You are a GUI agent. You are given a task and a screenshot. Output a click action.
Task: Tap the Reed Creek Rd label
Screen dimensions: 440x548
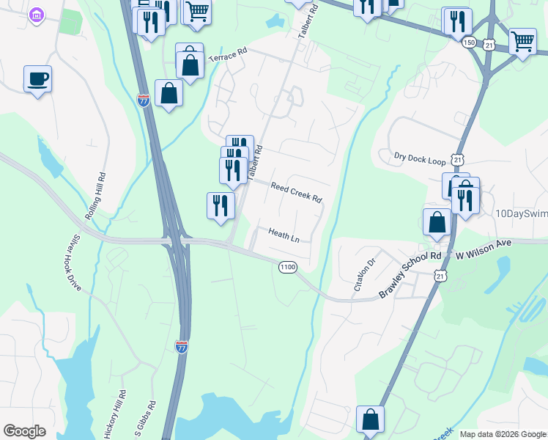tap(296, 192)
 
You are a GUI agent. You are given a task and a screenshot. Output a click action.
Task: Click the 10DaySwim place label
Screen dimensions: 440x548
tap(521, 213)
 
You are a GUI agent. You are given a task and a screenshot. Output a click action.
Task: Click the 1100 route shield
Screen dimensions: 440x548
tap(287, 267)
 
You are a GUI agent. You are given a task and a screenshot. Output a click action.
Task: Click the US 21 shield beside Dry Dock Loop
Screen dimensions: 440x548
tap(458, 159)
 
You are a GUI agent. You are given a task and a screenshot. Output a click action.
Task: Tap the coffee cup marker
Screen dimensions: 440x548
tap(37, 78)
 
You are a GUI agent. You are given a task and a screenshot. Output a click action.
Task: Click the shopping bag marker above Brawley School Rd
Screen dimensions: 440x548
tap(437, 222)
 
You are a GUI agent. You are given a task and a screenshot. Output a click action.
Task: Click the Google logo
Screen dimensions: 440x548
tap(24, 431)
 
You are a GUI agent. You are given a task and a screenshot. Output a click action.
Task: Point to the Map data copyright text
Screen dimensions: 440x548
tap(503, 434)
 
